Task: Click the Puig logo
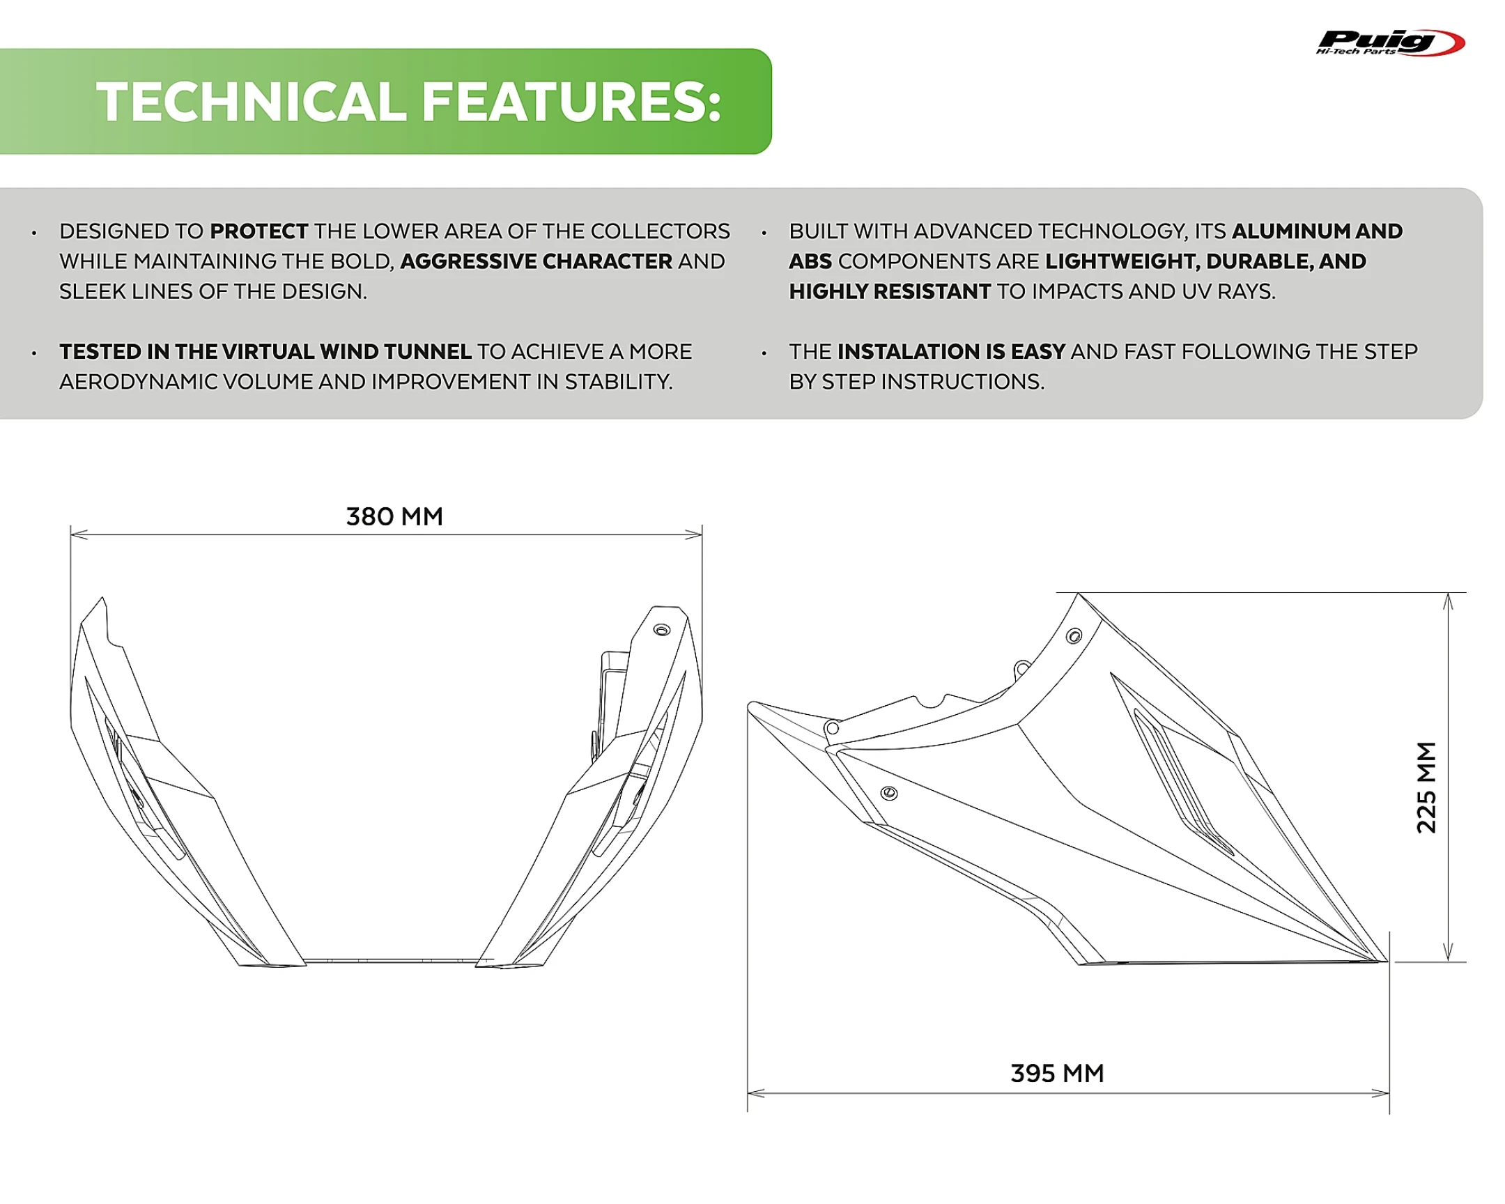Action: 1389,43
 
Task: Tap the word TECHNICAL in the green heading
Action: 252,102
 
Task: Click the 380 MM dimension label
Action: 394,516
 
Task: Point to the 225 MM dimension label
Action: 1426,787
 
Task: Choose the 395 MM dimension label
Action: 1057,1073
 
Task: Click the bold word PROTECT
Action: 259,231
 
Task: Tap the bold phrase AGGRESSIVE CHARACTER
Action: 536,261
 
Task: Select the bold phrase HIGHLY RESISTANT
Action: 889,291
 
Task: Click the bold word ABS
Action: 810,261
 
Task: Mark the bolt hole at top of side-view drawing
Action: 1074,636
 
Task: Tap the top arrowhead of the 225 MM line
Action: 1449,600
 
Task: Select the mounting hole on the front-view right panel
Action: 661,630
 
